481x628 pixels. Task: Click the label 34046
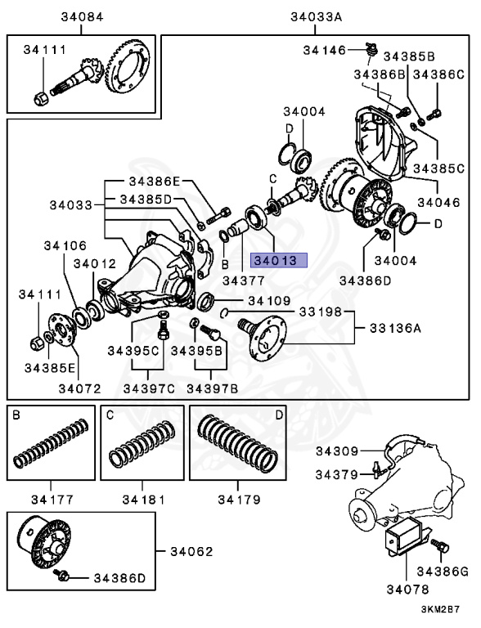442,200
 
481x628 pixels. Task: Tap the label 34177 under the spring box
51,498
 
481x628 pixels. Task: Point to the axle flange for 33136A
267,335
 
